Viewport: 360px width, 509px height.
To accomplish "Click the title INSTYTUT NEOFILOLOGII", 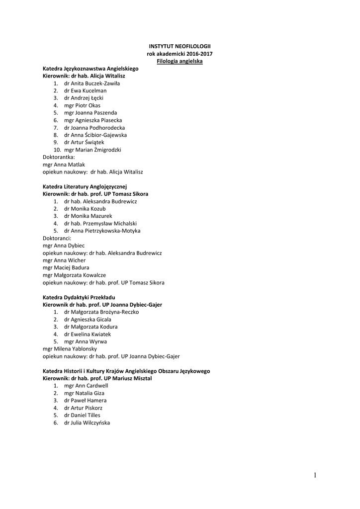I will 180,46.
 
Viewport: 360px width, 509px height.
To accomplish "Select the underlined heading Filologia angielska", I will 180,61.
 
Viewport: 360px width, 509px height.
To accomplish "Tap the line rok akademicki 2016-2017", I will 180,53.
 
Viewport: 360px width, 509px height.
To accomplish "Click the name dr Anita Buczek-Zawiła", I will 91,84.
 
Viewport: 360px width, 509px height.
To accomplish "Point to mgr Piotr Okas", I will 82,105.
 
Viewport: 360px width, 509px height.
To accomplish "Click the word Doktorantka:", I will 59,157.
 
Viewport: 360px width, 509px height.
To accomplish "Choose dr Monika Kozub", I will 85,209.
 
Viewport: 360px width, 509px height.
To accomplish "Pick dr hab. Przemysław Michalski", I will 100,224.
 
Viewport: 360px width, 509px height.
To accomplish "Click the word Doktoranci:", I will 57,238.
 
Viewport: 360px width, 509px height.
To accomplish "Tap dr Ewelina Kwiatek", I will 87,334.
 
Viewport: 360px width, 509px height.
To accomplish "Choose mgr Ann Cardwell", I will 86,386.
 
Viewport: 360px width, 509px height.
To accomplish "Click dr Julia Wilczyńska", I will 87,423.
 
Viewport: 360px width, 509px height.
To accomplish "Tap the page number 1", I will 315,476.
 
